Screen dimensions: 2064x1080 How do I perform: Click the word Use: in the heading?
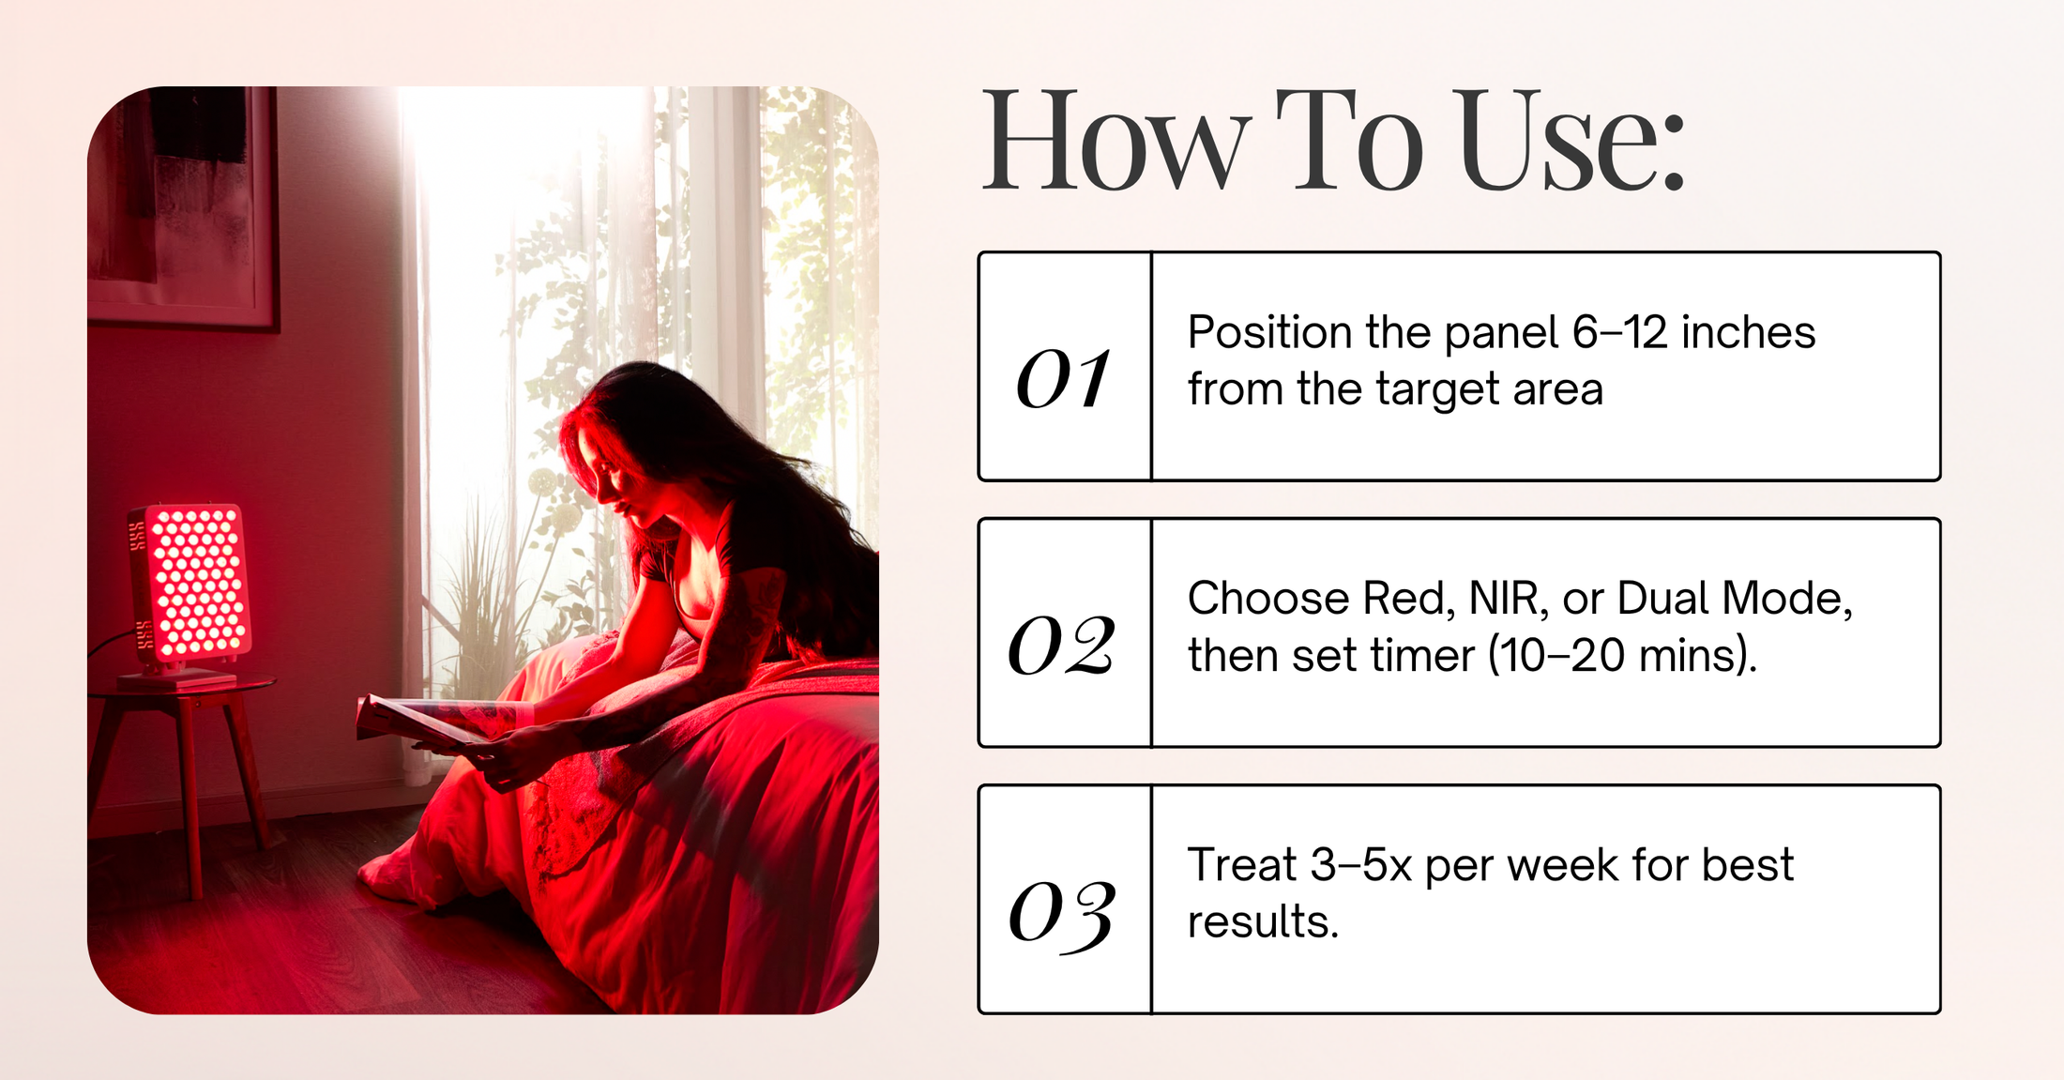click(1572, 141)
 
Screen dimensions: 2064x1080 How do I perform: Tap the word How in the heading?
click(1117, 141)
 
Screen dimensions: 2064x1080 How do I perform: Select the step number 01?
click(1064, 379)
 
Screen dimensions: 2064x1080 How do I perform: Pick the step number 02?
click(1061, 646)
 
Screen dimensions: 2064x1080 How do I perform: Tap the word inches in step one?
click(1749, 333)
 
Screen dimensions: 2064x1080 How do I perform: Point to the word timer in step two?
click(1423, 655)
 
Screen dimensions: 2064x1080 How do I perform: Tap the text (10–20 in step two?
click(1556, 655)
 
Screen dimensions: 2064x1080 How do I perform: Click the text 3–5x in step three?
click(1361, 865)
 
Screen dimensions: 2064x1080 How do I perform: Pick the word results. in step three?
click(1263, 921)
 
